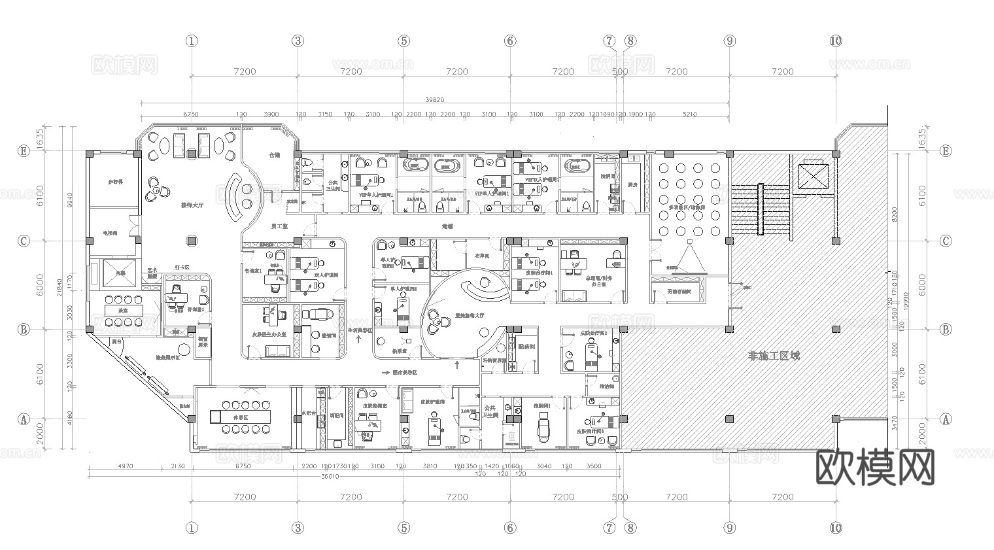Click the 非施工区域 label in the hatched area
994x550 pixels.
point(774,356)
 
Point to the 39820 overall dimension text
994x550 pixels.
point(434,99)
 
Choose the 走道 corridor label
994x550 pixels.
point(447,226)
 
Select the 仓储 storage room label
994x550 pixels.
point(275,156)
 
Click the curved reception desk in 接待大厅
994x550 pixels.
point(233,197)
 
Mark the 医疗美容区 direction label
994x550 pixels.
point(404,373)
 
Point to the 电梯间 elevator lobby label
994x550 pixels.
point(110,232)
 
